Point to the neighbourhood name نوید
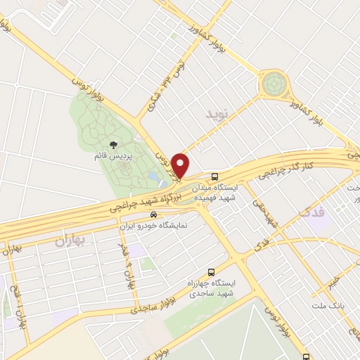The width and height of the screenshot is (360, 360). coord(217,112)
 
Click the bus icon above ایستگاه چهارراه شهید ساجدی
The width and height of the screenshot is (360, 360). coord(211,272)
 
